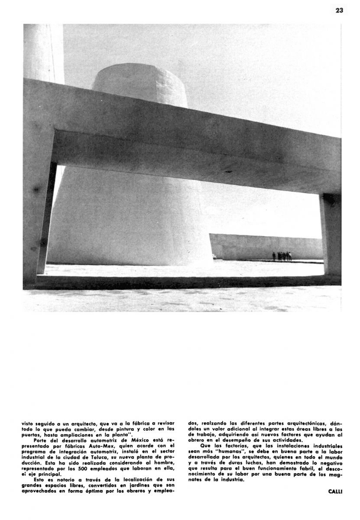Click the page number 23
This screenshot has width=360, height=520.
click(x=339, y=10)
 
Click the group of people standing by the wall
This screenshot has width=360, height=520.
click(x=282, y=256)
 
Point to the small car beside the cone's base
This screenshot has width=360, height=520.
click(x=214, y=257)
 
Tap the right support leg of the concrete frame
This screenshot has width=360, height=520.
click(x=331, y=234)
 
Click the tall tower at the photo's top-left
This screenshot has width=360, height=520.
click(x=44, y=52)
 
